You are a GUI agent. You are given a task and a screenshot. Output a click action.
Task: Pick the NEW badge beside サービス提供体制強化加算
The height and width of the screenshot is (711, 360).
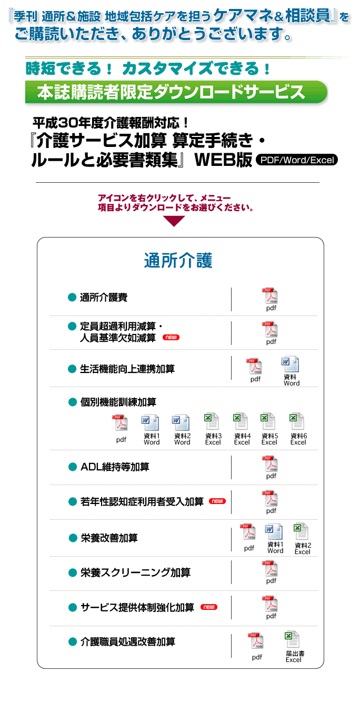click(x=209, y=607)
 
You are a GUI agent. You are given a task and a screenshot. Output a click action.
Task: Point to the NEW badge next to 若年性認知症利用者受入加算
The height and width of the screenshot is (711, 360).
click(x=217, y=501)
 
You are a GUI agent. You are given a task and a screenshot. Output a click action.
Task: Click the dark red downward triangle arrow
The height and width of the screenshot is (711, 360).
click(x=174, y=221)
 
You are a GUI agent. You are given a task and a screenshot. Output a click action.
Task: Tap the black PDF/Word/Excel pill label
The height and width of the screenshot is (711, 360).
click(x=297, y=160)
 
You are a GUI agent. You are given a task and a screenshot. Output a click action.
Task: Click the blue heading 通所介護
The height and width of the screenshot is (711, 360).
click(x=178, y=260)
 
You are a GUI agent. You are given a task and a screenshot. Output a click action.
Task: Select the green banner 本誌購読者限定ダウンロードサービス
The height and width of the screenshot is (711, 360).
click(x=176, y=92)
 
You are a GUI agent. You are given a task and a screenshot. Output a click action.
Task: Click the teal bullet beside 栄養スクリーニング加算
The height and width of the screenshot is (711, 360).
click(x=73, y=572)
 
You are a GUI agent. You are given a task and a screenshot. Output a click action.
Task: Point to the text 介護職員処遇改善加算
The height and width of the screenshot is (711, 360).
click(x=128, y=642)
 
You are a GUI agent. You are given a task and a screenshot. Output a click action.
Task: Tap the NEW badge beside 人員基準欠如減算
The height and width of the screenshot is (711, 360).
click(x=171, y=338)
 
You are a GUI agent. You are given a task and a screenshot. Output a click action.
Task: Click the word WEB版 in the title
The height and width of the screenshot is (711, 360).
click(x=223, y=160)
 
